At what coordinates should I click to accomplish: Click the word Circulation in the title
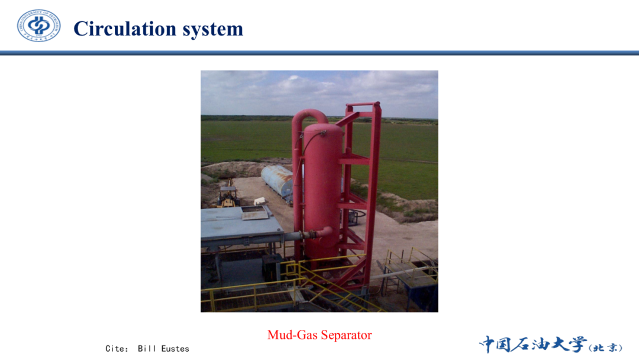pos(125,29)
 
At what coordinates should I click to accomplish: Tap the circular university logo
pos(38,25)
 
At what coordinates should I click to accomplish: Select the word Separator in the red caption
pos(346,335)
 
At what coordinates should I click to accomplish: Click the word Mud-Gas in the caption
pos(292,335)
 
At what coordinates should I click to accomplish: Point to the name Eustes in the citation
pos(175,349)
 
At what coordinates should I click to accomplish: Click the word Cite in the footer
pos(115,349)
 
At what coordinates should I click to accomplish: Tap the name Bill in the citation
pos(147,349)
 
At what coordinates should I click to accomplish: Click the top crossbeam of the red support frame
pos(363,105)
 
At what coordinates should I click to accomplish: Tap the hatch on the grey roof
pos(255,213)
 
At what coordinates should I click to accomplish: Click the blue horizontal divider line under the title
pos(319,53)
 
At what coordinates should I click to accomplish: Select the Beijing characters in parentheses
pos(606,348)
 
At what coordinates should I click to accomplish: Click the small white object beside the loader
pos(259,201)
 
